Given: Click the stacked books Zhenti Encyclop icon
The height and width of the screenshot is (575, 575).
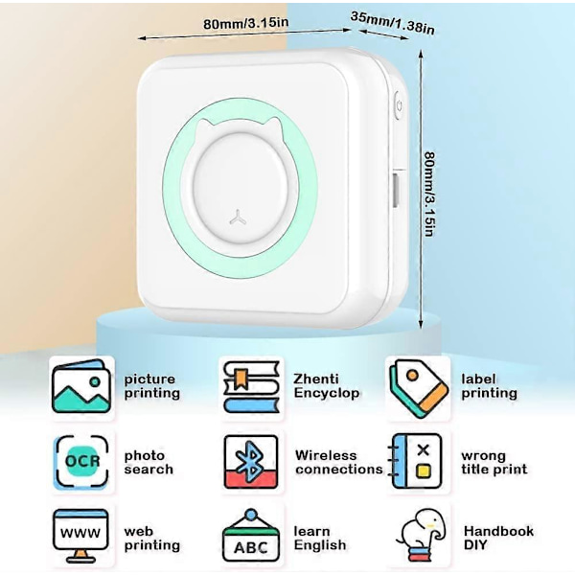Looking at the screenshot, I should coord(250,385).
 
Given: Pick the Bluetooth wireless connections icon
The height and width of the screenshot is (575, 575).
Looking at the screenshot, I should coord(250,462).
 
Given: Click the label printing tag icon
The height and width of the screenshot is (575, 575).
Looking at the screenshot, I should coord(419,385).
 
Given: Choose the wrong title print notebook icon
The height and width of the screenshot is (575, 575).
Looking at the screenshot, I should coord(418,462).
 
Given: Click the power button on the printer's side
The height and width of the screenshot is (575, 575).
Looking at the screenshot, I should coord(397,103).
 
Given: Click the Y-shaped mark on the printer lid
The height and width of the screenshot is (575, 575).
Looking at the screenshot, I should coord(239,216).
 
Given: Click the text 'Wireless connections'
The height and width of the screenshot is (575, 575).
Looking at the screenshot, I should coord(338,462).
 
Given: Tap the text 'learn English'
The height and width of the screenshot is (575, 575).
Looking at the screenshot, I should coord(320,539).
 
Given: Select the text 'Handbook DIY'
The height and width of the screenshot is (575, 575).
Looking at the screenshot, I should coord(498,538).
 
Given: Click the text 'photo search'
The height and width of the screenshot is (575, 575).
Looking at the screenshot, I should coord(149,462).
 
